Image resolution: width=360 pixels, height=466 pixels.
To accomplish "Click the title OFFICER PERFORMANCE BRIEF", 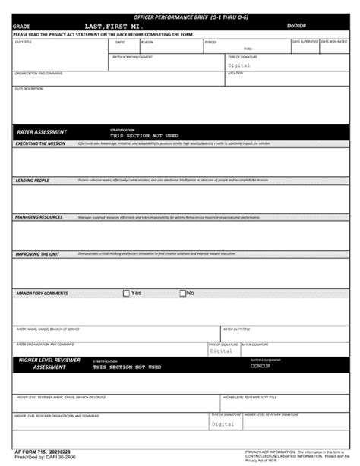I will [180, 15].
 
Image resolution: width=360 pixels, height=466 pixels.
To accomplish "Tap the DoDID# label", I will [298, 25].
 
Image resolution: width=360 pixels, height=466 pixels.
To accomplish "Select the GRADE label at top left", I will [21, 26].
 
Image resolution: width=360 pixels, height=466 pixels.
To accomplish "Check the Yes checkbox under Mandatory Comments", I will [128, 293].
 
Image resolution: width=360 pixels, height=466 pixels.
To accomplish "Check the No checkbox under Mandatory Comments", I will [183, 293].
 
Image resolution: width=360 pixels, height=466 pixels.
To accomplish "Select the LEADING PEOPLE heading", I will [33, 181].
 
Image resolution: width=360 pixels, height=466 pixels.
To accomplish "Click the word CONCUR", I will [261, 366].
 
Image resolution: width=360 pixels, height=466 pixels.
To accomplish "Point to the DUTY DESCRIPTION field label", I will [28, 88].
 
